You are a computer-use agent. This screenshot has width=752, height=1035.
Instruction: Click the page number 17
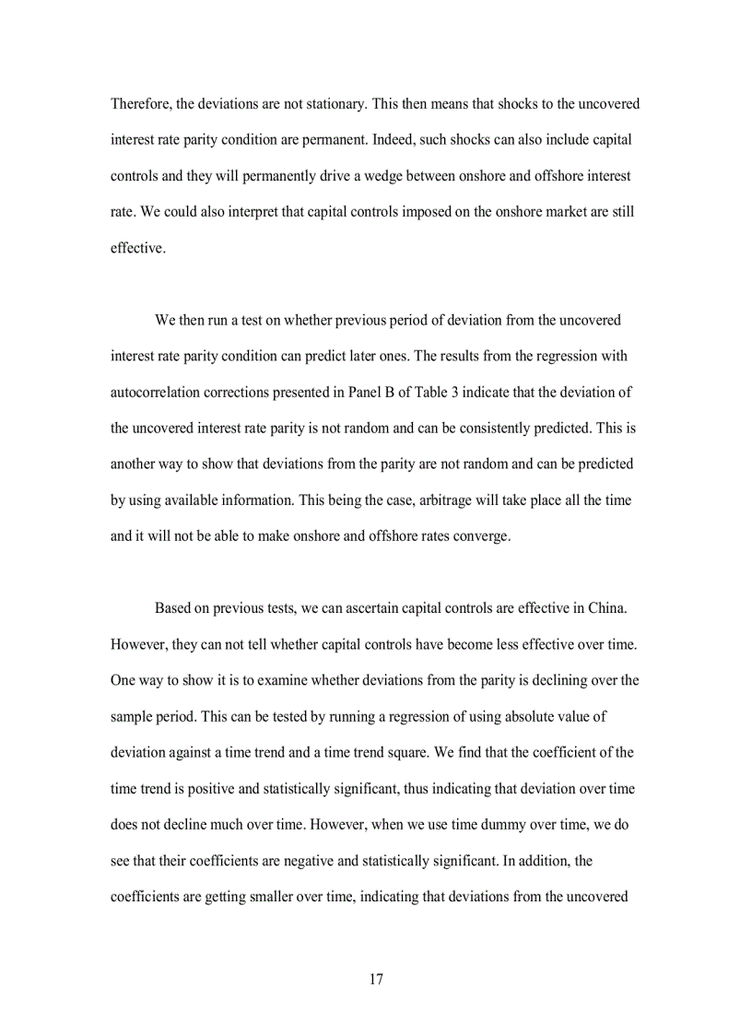pos(376,980)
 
